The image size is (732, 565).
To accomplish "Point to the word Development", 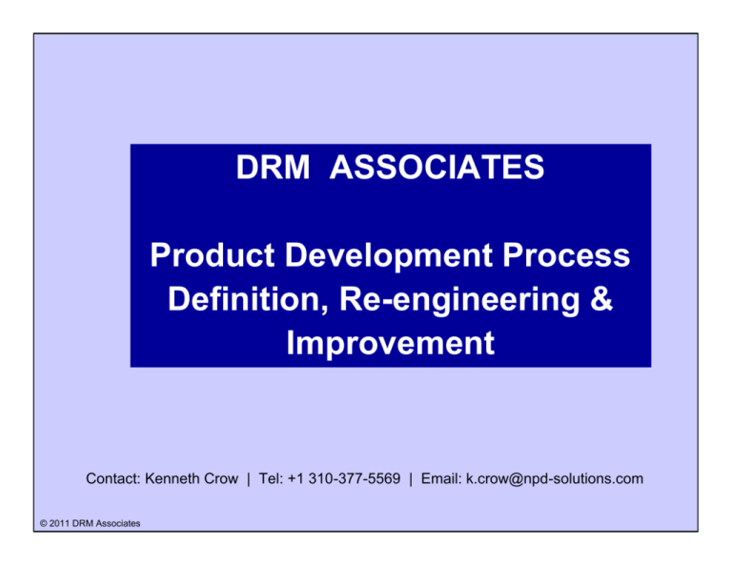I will [x=379, y=256].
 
